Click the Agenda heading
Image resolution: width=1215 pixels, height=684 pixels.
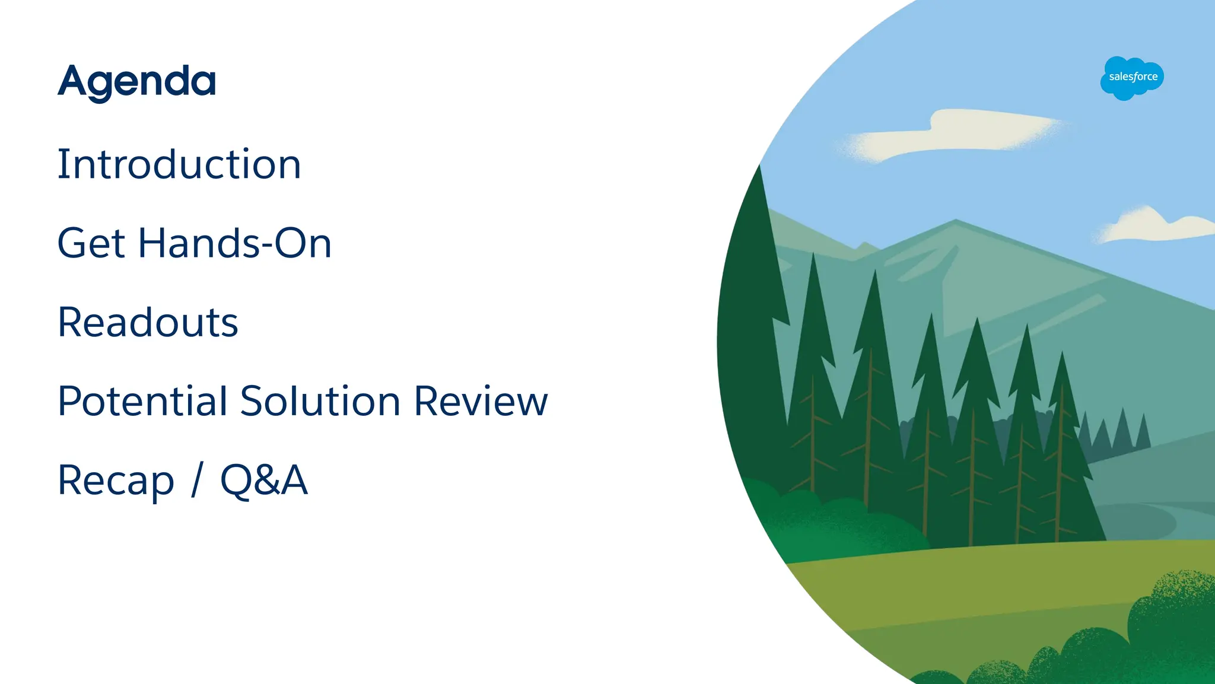point(136,82)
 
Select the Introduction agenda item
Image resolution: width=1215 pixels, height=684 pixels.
point(179,164)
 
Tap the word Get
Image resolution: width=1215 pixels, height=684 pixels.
point(91,243)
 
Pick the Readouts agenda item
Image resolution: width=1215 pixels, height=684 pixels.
point(148,322)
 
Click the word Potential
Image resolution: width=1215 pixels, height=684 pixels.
point(142,401)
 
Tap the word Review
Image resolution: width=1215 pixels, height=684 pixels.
point(481,401)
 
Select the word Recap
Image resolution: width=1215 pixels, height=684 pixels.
point(116,481)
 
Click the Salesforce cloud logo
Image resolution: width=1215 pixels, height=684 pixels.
point(1132,78)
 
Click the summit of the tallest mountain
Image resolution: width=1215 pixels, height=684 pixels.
point(956,221)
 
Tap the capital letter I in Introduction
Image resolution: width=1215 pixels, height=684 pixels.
point(62,164)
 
